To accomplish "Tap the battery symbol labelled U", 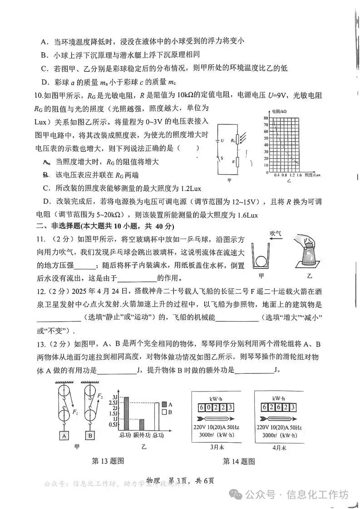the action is click(x=217, y=141).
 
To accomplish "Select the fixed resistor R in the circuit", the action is click(x=237, y=162).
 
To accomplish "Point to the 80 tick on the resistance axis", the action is click(x=266, y=118).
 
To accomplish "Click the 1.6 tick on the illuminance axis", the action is click(x=299, y=175).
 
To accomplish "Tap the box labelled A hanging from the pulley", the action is click(x=64, y=436).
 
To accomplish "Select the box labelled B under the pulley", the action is click(x=90, y=436).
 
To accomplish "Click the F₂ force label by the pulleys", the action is click(x=100, y=396).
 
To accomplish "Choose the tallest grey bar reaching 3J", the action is click(x=126, y=413).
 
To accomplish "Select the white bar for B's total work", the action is click(x=157, y=416).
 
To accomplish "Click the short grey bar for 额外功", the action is click(x=142, y=425).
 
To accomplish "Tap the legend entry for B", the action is click(x=167, y=412).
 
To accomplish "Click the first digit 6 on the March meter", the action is click(x=202, y=407).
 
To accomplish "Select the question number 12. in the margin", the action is click(x=41, y=292).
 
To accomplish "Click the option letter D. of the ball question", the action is click(x=45, y=82).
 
